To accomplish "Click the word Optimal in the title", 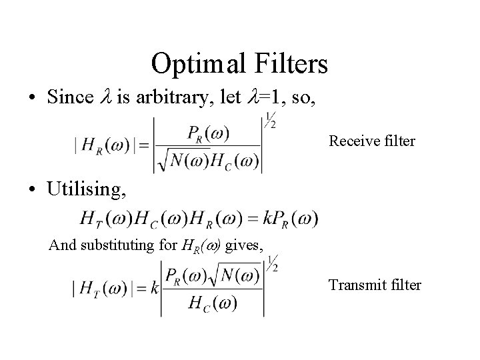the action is (195, 64).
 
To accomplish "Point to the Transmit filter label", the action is (374, 285).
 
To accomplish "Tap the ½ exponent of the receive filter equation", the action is (270, 121).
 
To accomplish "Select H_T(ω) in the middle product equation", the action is (102, 217).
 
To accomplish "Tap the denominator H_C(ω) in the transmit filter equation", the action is (213, 303).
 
